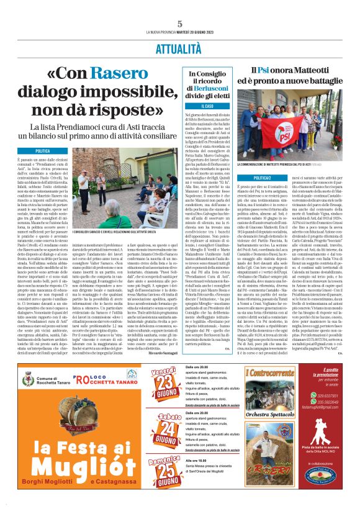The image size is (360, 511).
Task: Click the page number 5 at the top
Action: [x=179, y=23]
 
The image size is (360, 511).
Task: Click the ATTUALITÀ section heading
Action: [x=179, y=47]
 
